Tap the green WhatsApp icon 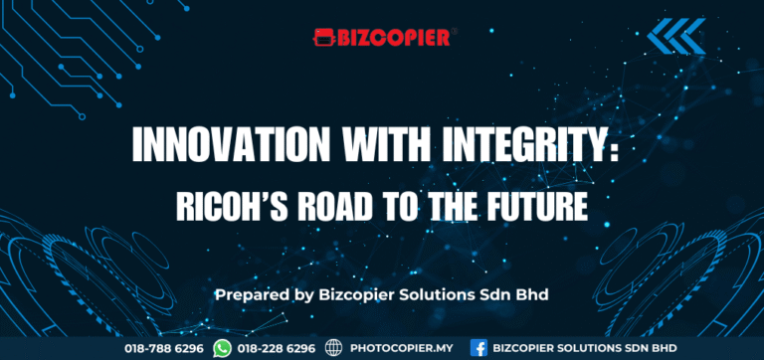[x=222, y=347]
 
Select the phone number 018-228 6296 [x=276, y=347]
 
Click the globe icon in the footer [x=334, y=347]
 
